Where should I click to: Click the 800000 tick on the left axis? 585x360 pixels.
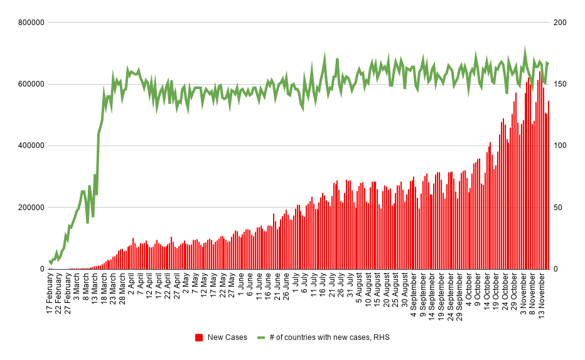pos(31,23)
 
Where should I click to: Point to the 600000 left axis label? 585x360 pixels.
pos(31,84)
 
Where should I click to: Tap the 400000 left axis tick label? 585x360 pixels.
pos(31,146)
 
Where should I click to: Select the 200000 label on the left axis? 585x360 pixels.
pos(31,208)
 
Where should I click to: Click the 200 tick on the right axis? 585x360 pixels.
pos(560,23)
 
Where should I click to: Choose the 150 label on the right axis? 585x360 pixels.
pos(560,84)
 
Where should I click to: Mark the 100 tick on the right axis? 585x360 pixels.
pos(560,146)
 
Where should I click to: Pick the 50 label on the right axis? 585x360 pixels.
pos(557,208)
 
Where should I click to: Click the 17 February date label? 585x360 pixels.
pos(50,294)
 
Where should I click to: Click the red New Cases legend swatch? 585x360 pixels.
pos(199,337)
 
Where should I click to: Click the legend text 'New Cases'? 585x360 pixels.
pos(227,337)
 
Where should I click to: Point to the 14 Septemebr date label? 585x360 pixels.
pos(432,297)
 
